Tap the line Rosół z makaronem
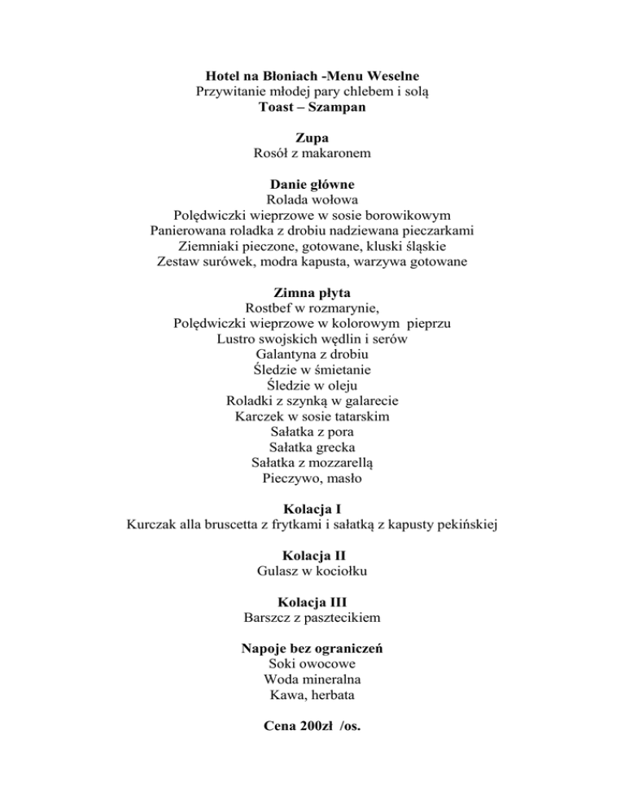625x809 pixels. pyautogui.click(x=312, y=154)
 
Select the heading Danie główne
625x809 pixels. pyautogui.click(x=312, y=185)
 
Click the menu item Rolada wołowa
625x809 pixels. pyautogui.click(x=312, y=200)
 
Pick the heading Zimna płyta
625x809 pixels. pyautogui.click(x=312, y=293)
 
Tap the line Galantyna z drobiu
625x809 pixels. pyautogui.click(x=312, y=355)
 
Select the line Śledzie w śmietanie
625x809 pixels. pyautogui.click(x=312, y=370)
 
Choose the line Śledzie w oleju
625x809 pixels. pyautogui.click(x=312, y=386)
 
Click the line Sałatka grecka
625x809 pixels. pyautogui.click(x=312, y=448)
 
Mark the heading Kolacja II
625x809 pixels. pyautogui.click(x=312, y=557)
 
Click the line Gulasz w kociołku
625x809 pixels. pyautogui.click(x=312, y=572)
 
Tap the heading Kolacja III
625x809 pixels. pyautogui.click(x=312, y=603)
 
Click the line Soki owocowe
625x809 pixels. pyautogui.click(x=312, y=665)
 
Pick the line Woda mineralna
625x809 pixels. pyautogui.click(x=312, y=680)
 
